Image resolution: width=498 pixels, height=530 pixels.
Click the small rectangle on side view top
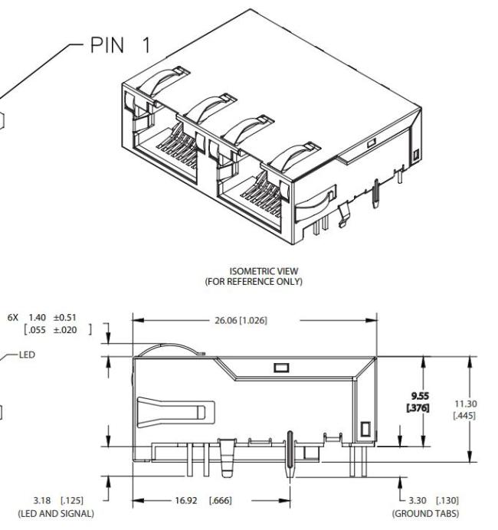point(280,367)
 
